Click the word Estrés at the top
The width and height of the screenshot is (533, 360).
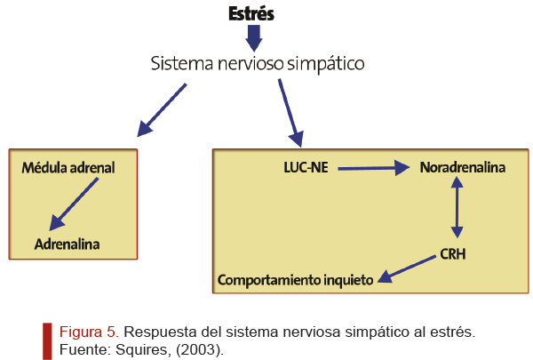tap(251, 14)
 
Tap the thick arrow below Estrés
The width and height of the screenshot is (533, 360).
tap(253, 38)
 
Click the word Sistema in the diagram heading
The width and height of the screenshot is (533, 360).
tap(182, 63)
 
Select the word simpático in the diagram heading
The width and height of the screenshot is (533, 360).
tap(326, 64)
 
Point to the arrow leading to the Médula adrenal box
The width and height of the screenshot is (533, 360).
tap(162, 110)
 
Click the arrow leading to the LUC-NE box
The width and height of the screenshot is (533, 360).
tap(290, 113)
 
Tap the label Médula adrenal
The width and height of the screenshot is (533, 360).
tap(68, 168)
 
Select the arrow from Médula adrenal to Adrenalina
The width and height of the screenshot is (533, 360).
tap(74, 204)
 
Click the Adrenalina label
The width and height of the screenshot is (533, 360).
tap(67, 244)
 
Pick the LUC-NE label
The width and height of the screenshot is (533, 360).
tap(306, 167)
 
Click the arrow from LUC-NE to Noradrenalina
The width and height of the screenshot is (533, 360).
tap(374, 168)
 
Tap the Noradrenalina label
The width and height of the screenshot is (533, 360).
tap(463, 167)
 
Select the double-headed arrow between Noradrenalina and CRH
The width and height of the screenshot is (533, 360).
tap(457, 208)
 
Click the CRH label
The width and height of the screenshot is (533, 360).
tap(453, 254)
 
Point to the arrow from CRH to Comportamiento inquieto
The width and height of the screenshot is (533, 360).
tap(407, 268)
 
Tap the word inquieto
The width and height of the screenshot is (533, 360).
tap(348, 280)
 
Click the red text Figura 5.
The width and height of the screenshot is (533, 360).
tap(89, 332)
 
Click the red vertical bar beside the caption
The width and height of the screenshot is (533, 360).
tap(47, 341)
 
